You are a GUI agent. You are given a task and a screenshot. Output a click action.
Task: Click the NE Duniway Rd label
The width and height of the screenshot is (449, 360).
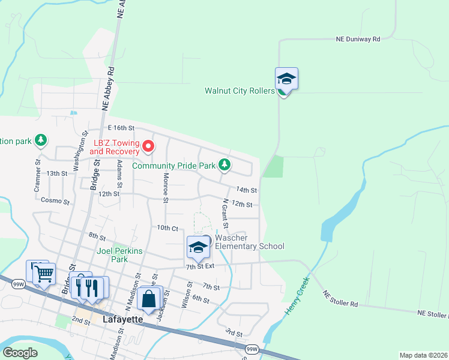[x=358, y=39]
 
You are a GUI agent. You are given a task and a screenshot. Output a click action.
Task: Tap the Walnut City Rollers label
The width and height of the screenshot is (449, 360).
[x=239, y=91]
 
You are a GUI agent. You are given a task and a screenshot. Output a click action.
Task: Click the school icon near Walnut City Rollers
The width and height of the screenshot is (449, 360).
[x=287, y=79]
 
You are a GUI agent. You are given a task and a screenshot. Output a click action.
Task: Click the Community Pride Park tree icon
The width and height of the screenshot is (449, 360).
[x=224, y=164]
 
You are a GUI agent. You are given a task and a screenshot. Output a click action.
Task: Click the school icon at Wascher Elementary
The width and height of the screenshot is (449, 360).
[x=198, y=246]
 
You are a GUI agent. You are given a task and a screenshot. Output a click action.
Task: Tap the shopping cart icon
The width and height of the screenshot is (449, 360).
[x=44, y=274]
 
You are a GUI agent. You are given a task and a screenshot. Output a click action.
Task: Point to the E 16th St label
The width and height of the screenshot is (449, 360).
[x=119, y=128]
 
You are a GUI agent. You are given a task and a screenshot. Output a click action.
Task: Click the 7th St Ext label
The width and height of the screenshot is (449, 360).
[x=200, y=266]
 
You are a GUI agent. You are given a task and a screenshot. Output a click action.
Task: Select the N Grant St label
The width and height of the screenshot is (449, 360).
[x=225, y=214]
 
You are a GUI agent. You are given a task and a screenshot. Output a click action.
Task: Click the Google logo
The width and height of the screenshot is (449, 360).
[x=20, y=353]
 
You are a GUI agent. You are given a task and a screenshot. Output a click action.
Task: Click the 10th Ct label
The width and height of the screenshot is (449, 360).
[x=167, y=228]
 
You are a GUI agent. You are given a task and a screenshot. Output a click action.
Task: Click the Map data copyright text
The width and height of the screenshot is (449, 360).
[x=423, y=355]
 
